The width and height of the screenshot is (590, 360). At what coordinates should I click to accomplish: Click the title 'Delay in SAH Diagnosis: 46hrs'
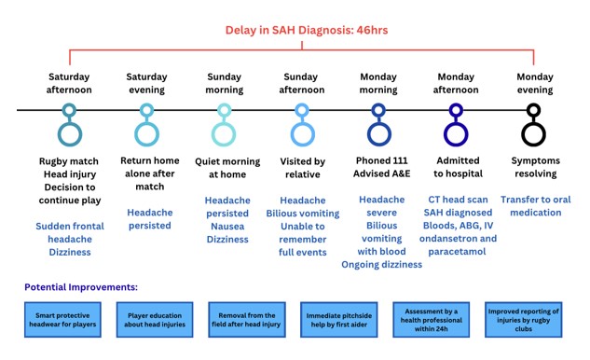tap(307, 30)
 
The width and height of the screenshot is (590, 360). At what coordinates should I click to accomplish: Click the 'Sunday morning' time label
tap(225, 83)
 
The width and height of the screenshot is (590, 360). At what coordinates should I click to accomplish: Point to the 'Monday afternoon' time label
tap(456, 83)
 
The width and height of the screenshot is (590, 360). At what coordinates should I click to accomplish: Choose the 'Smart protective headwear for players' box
tap(62, 320)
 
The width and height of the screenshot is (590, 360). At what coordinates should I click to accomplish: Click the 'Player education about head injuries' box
tap(155, 320)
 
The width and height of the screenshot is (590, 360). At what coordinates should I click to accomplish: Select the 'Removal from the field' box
tap(247, 320)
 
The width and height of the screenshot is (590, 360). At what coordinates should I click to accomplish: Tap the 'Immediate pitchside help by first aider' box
tap(338, 320)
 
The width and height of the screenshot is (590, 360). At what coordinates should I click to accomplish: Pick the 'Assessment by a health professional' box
tap(432, 320)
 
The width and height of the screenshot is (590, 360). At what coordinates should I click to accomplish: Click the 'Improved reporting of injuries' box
tap(524, 320)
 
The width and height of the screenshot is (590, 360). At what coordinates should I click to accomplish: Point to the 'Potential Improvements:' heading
tap(81, 287)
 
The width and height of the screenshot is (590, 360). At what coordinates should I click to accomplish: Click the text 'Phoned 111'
tap(381, 160)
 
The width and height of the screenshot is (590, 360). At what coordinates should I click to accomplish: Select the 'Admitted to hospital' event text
tap(458, 167)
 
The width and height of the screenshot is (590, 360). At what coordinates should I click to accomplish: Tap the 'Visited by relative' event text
tap(303, 168)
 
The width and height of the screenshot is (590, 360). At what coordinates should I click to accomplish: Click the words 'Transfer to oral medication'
tap(535, 205)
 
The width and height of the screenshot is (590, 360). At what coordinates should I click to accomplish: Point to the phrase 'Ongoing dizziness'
tap(381, 264)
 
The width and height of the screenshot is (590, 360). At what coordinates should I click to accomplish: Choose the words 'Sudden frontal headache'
tap(70, 232)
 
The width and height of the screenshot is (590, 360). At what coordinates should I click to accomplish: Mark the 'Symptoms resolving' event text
tap(535, 167)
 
